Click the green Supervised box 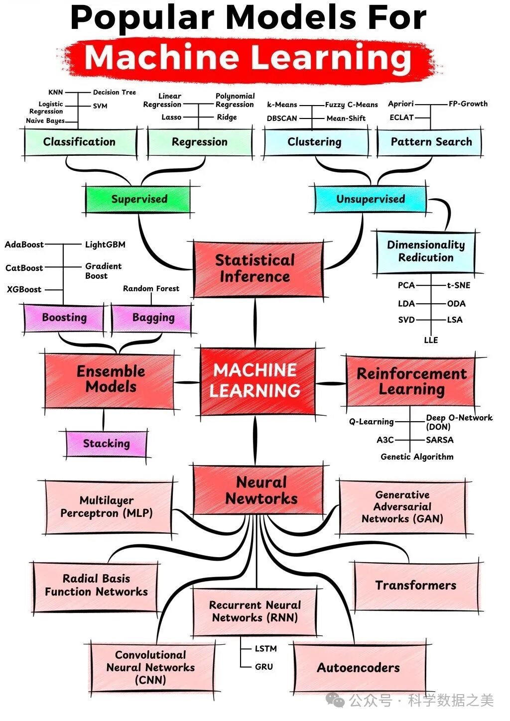pos(138,199)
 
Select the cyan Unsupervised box pos(370,199)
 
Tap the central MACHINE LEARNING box pos(255,381)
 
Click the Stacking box pos(106,443)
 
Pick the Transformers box pos(416,586)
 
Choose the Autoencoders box pos(358,668)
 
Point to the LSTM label pos(265,649)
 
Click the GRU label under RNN pos(263,667)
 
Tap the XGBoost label pos(24,289)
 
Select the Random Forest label pos(151,289)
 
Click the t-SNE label pos(458,285)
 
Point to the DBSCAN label pos(282,119)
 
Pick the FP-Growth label pos(468,104)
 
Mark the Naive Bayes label pos(45,120)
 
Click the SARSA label pos(439,440)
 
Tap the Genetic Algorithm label pos(417,457)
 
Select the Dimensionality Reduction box pos(425,251)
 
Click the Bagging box pos(153,318)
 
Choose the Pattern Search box pos(431,142)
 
